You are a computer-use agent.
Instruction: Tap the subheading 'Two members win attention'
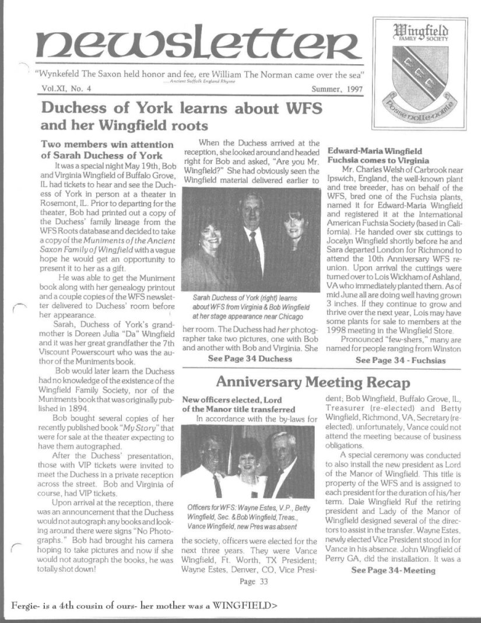(x=99, y=145)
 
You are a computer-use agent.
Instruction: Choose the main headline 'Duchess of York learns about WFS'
(x=181, y=108)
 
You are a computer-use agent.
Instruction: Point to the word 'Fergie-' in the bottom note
(x=26, y=605)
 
